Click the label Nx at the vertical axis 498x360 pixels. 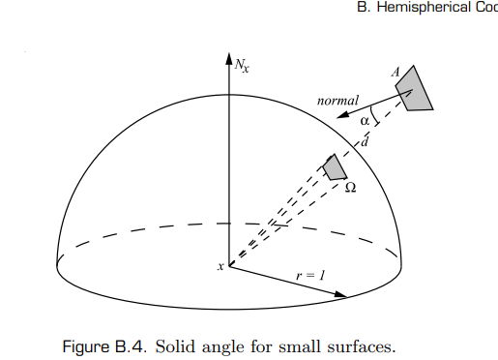[242, 66]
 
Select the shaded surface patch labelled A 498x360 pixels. [414, 89]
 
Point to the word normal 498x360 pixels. [337, 100]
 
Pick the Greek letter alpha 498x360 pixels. [365, 121]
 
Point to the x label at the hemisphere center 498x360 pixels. [220, 266]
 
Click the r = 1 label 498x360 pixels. [310, 275]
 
